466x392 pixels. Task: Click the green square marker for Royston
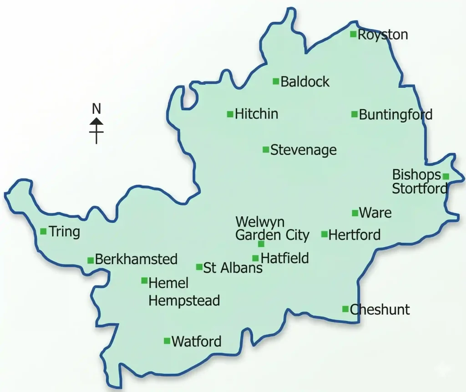click(x=353, y=34)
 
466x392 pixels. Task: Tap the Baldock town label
click(x=305, y=82)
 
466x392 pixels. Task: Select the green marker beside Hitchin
click(x=230, y=114)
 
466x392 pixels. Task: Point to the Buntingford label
click(x=395, y=115)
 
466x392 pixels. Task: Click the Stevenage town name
click(x=304, y=150)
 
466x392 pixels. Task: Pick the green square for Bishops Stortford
click(x=446, y=176)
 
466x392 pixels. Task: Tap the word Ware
click(x=375, y=213)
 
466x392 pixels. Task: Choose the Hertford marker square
click(x=324, y=234)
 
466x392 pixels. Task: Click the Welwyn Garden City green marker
click(x=261, y=244)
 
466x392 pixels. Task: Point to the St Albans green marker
click(x=199, y=267)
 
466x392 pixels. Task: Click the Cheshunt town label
click(x=380, y=310)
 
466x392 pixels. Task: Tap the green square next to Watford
click(x=167, y=341)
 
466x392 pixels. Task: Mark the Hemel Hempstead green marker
click(x=144, y=280)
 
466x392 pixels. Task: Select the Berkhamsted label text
click(x=136, y=260)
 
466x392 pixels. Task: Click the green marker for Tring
click(x=43, y=231)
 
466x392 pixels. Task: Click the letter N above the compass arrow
click(x=96, y=109)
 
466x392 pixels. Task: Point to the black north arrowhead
click(x=96, y=121)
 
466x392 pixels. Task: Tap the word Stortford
click(x=420, y=188)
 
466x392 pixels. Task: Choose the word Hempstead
click(x=184, y=300)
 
